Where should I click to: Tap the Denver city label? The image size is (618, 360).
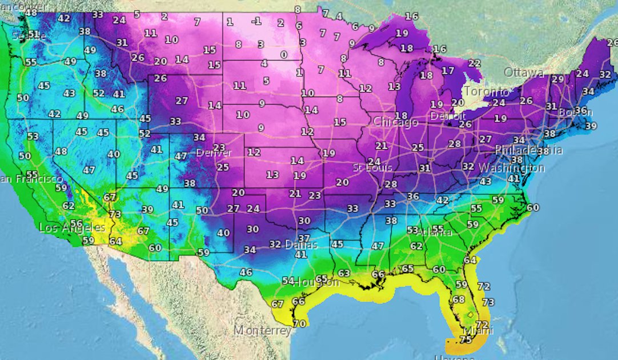214,153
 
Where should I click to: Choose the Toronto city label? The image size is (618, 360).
486,92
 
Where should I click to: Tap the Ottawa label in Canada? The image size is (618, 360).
524,73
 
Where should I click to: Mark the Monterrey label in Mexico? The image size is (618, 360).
263,331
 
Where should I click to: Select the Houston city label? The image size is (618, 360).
319,282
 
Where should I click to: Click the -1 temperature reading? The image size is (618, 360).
257,21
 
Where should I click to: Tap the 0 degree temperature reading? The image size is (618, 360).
283,55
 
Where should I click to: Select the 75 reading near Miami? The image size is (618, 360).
466,339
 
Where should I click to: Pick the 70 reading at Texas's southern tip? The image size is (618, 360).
299,323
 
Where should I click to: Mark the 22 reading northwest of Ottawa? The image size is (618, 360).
474,63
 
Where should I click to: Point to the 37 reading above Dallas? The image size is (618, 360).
304,238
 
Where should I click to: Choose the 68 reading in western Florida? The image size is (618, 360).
458,299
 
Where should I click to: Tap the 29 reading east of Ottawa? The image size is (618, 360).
557,79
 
